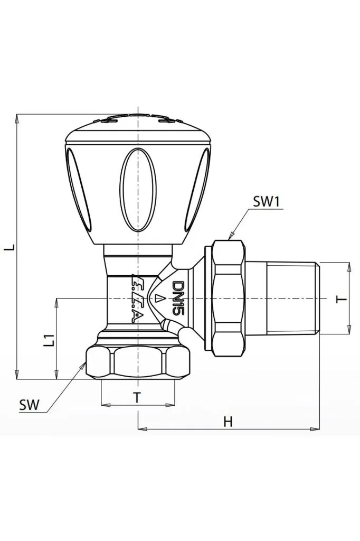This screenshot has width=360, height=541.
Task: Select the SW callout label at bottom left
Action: (x=29, y=405)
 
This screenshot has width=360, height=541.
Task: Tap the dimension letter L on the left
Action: (x=8, y=247)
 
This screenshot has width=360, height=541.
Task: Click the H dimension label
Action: (x=228, y=421)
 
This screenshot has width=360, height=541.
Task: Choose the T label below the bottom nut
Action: (x=137, y=398)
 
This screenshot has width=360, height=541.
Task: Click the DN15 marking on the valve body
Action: (x=178, y=299)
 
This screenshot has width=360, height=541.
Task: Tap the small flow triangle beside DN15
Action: (x=159, y=299)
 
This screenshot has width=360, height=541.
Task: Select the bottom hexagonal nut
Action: (x=137, y=362)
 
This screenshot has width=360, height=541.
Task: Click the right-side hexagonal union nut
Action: (x=229, y=299)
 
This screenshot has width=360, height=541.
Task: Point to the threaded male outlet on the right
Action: (x=292, y=299)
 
